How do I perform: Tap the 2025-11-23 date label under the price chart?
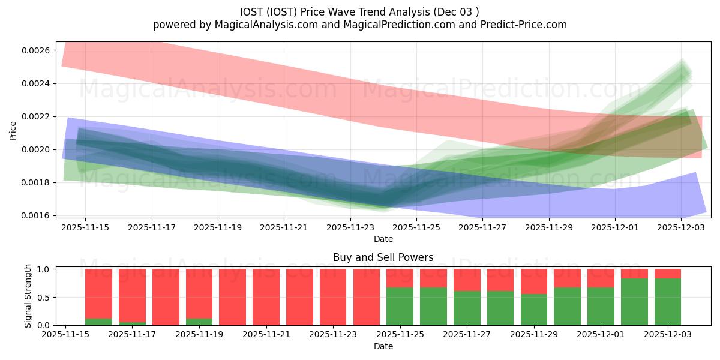pyautogui.click(x=350, y=227)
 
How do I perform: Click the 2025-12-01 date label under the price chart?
pyautogui.click(x=615, y=227)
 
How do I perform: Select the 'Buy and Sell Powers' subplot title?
pyautogui.click(x=383, y=258)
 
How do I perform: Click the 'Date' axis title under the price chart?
pyautogui.click(x=383, y=239)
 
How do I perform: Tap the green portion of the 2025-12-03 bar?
pyautogui.click(x=667, y=302)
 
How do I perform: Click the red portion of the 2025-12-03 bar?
pyautogui.click(x=667, y=274)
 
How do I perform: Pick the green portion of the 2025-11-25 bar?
pyautogui.click(x=400, y=307)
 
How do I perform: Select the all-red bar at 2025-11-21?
pyautogui.click(x=266, y=297)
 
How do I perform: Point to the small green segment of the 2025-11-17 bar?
pyautogui.click(x=132, y=323)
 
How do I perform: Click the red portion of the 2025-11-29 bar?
pyautogui.click(x=533, y=281)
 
